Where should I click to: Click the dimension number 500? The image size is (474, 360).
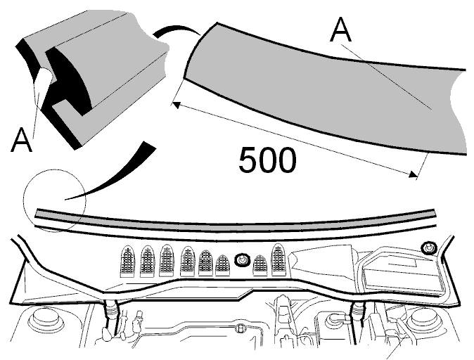[x=267, y=160]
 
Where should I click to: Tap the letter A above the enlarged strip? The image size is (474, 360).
[x=341, y=30]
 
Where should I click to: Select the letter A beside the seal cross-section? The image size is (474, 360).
[x=21, y=140]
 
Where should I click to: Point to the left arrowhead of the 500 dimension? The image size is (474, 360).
[x=176, y=105]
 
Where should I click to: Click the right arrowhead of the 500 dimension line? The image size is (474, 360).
[x=413, y=174]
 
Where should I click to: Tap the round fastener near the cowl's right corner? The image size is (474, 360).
[x=429, y=248]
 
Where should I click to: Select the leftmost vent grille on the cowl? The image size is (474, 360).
[x=128, y=261]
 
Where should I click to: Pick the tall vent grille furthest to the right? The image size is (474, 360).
[x=280, y=259]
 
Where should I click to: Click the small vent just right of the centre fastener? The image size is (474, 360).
[x=260, y=265]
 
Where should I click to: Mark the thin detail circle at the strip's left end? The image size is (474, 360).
[x=55, y=169]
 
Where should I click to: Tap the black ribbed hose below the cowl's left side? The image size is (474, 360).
[x=110, y=316]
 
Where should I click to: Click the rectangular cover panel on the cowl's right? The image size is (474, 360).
[x=403, y=277]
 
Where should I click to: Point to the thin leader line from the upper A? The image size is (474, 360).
[x=386, y=77]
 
